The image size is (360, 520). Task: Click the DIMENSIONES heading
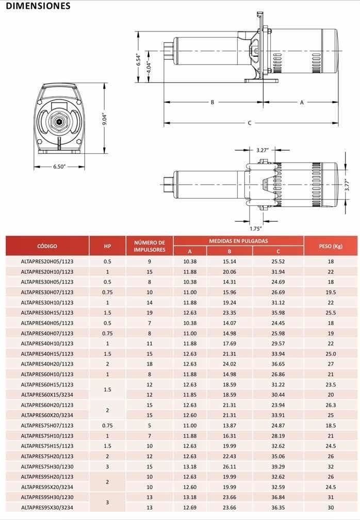[38, 6]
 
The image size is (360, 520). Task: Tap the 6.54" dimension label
[139, 60]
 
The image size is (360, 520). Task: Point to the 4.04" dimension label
[149, 67]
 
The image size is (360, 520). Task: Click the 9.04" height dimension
[105, 119]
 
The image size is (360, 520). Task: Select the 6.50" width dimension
[59, 167]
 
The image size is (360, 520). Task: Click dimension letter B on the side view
[212, 102]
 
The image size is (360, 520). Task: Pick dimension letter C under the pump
[250, 123]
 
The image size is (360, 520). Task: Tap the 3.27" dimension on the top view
[262, 150]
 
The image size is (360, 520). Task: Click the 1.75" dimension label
[256, 229]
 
